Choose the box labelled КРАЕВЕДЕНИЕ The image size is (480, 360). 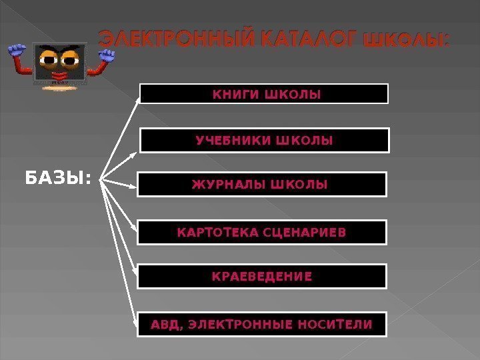coord(262,276)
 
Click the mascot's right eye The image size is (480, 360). coord(71,59)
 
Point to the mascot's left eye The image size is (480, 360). coord(49,59)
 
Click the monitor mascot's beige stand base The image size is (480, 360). coord(61,86)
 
